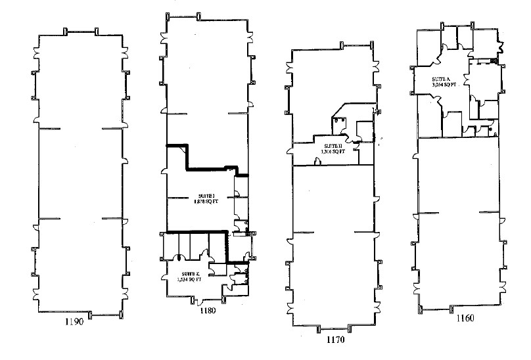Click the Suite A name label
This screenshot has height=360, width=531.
click(440, 78)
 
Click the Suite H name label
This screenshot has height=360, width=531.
click(330, 146)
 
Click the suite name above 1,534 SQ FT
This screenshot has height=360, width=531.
click(191, 273)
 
